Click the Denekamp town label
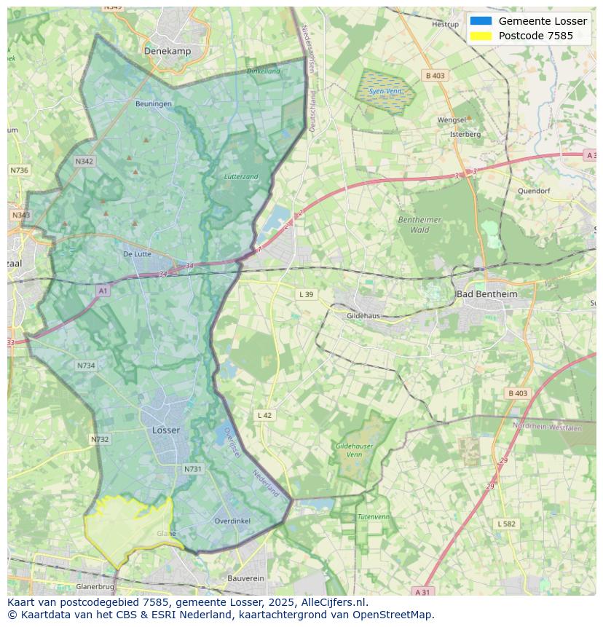(x=167, y=51)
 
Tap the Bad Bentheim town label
(x=486, y=294)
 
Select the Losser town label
(x=166, y=430)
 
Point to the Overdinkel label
(x=232, y=521)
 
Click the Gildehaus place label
(x=363, y=316)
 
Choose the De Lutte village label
(x=137, y=254)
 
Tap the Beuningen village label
(x=154, y=104)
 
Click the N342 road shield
(x=84, y=162)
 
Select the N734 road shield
(x=85, y=366)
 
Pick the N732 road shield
(x=100, y=439)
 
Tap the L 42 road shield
(x=264, y=415)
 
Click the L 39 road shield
(x=306, y=294)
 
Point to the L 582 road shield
(x=506, y=524)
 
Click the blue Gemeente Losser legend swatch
(x=481, y=21)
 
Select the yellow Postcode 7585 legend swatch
(x=481, y=36)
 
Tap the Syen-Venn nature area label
(x=385, y=92)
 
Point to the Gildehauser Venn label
(x=355, y=450)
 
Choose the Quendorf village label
(x=533, y=191)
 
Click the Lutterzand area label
(x=241, y=177)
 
